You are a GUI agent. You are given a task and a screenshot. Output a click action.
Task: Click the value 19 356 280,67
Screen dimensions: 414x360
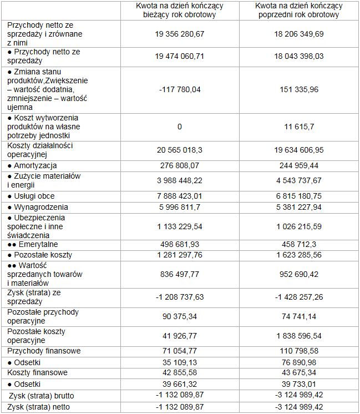pyautogui.click(x=180, y=34)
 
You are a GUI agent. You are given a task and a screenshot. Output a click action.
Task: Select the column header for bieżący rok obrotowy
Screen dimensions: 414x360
pyautogui.click(x=180, y=10)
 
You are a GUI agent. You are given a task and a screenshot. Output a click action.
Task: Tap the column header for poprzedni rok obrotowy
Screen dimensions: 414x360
pyautogui.click(x=299, y=10)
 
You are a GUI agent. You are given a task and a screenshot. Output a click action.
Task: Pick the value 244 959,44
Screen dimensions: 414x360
pyautogui.click(x=299, y=165)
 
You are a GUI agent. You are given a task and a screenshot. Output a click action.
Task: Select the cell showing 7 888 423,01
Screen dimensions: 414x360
pyautogui.click(x=180, y=196)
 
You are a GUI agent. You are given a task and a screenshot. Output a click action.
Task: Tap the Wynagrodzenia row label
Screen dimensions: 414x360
pyautogui.click(x=37, y=207)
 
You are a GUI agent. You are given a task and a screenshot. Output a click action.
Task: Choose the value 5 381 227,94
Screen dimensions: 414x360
pyautogui.click(x=299, y=207)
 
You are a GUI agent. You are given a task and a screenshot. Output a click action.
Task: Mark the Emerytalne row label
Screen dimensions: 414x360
pyautogui.click(x=34, y=244)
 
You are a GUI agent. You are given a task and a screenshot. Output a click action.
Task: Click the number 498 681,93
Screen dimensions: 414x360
pyautogui.click(x=180, y=244)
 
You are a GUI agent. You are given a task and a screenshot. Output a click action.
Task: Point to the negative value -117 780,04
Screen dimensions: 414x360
pyautogui.click(x=180, y=89)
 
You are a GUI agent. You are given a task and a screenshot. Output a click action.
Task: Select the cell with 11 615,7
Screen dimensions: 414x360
pyautogui.click(x=299, y=127)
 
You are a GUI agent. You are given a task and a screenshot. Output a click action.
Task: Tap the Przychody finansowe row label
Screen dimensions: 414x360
pyautogui.click(x=44, y=351)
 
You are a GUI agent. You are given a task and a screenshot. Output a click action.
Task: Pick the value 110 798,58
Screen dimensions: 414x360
pyautogui.click(x=299, y=351)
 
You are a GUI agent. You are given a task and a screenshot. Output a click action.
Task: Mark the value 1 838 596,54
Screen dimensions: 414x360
pyautogui.click(x=299, y=336)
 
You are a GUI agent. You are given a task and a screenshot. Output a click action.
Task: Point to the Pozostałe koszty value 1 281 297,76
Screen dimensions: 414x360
pyautogui.click(x=180, y=255)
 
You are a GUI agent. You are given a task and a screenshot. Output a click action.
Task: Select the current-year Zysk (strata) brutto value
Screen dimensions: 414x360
pyautogui.click(x=180, y=396)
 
